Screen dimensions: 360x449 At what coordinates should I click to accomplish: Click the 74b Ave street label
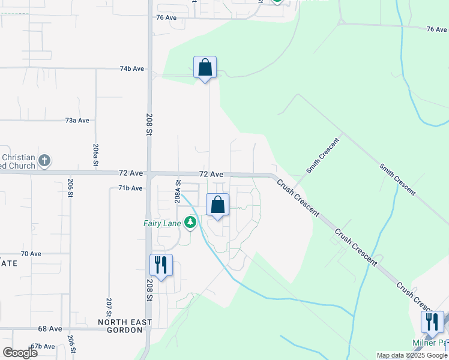(x=131, y=69)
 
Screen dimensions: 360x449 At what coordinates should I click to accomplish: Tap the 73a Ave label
(x=77, y=121)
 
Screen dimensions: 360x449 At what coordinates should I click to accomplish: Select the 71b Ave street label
(x=130, y=188)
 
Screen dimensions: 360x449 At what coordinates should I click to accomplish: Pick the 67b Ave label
(x=43, y=346)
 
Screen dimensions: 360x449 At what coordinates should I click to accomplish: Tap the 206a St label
(x=95, y=154)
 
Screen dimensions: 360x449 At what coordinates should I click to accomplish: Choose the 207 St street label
(x=109, y=307)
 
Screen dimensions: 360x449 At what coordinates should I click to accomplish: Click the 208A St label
(x=178, y=191)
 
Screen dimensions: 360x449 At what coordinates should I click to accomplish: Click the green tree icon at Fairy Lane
(x=191, y=223)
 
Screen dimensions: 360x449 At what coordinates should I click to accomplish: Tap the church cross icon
(x=44, y=161)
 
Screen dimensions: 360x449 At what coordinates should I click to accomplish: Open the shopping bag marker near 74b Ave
(x=205, y=68)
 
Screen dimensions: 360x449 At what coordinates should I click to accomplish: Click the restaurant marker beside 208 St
(x=161, y=265)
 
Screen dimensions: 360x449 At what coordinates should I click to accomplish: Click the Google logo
(x=20, y=353)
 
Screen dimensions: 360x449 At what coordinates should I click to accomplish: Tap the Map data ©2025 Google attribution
(x=412, y=355)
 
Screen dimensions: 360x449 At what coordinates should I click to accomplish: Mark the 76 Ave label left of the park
(x=166, y=17)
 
